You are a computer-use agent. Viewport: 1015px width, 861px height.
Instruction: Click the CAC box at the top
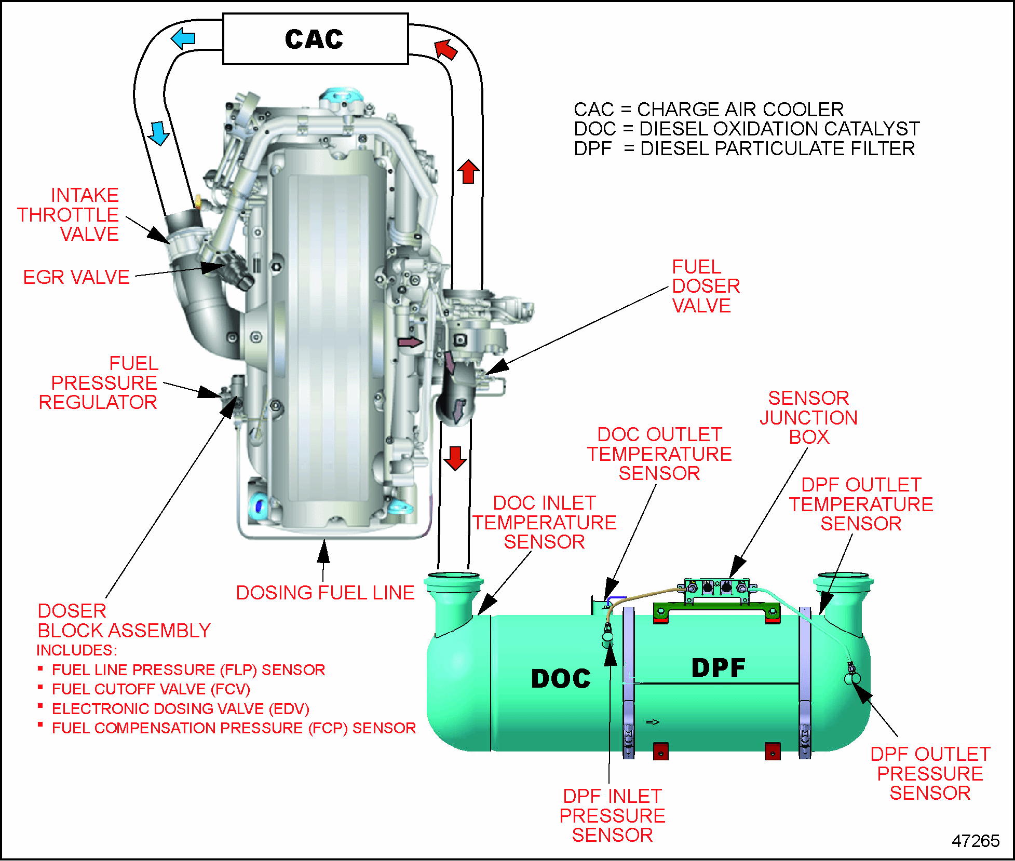click(x=315, y=39)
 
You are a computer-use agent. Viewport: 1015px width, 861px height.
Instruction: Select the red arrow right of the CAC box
click(x=446, y=50)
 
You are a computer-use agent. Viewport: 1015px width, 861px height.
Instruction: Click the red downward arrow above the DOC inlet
click(x=455, y=458)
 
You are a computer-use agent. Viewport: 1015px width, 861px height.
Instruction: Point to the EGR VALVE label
click(x=76, y=277)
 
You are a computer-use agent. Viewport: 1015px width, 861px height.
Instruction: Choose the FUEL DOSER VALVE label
click(x=706, y=286)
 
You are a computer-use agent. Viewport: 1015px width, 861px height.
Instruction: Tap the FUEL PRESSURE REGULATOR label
click(x=99, y=383)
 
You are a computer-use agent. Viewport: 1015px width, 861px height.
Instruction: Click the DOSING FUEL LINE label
click(x=325, y=593)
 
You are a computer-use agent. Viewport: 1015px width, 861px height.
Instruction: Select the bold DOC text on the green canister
click(x=561, y=678)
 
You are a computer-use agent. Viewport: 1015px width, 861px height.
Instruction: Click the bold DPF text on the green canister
click(x=718, y=668)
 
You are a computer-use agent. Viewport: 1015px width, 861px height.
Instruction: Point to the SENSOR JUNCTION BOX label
click(x=808, y=417)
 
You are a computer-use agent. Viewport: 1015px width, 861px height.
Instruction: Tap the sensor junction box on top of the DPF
click(x=717, y=589)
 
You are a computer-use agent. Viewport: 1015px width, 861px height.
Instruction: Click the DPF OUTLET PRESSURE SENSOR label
click(x=930, y=773)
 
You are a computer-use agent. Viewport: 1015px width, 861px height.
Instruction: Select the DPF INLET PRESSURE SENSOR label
click(x=612, y=815)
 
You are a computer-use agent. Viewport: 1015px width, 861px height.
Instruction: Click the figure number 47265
click(x=975, y=841)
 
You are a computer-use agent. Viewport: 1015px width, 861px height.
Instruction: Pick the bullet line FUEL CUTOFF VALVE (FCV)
click(x=151, y=689)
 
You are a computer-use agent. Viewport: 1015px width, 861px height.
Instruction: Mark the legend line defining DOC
click(x=746, y=129)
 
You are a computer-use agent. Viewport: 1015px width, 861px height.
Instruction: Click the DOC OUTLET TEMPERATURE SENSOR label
click(x=659, y=454)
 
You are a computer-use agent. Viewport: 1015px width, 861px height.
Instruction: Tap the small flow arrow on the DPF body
click(x=653, y=722)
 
